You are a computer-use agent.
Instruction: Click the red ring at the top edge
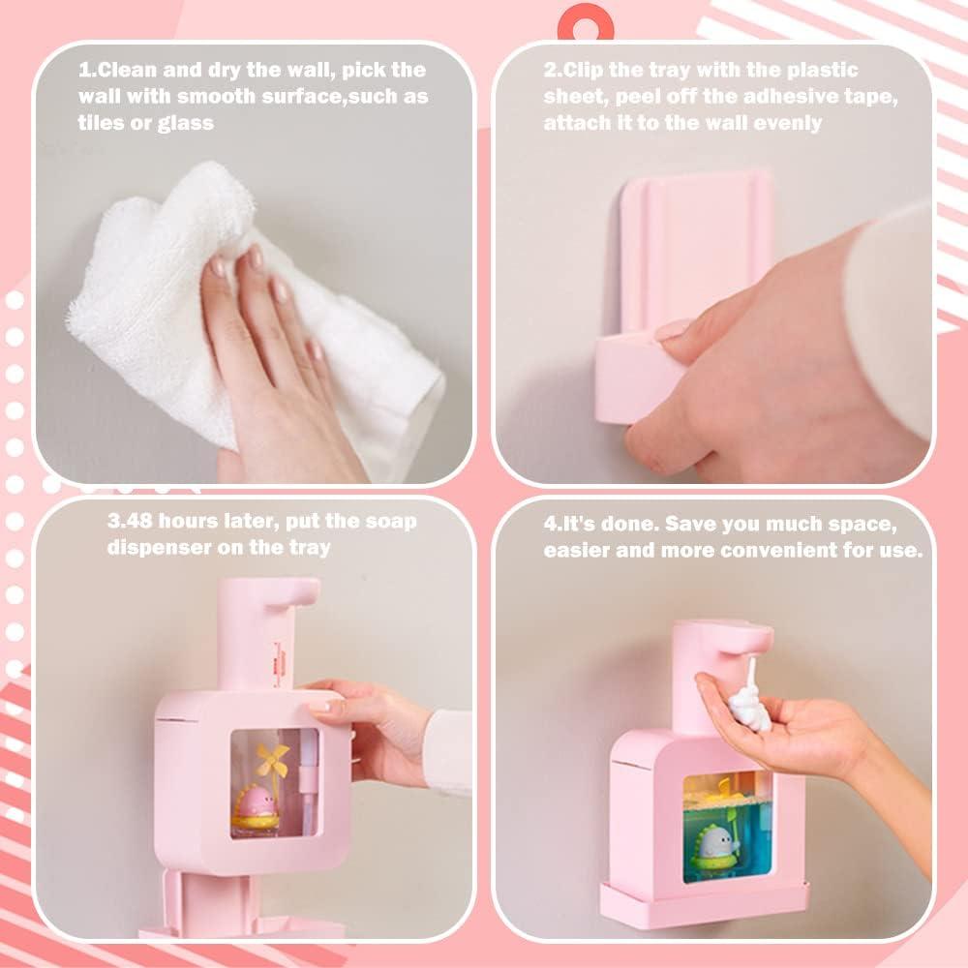point(586,16)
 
